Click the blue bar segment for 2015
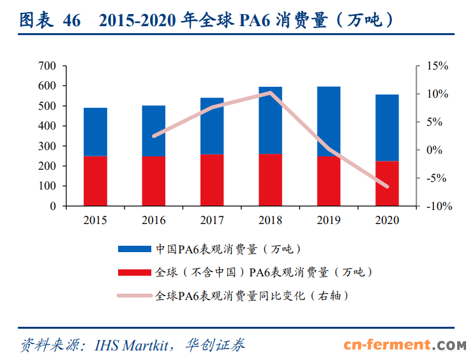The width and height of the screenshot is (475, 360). point(95,131)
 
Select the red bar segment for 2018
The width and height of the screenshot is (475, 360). point(270,180)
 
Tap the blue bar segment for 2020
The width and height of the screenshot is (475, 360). point(387,128)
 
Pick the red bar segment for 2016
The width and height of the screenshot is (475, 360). point(153,181)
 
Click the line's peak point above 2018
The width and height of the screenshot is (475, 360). point(270,93)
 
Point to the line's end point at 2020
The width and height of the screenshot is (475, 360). point(387,186)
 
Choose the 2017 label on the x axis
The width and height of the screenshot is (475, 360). point(212,220)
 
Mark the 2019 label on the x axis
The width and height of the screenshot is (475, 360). point(329,220)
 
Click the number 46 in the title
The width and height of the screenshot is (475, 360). point(72,21)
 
